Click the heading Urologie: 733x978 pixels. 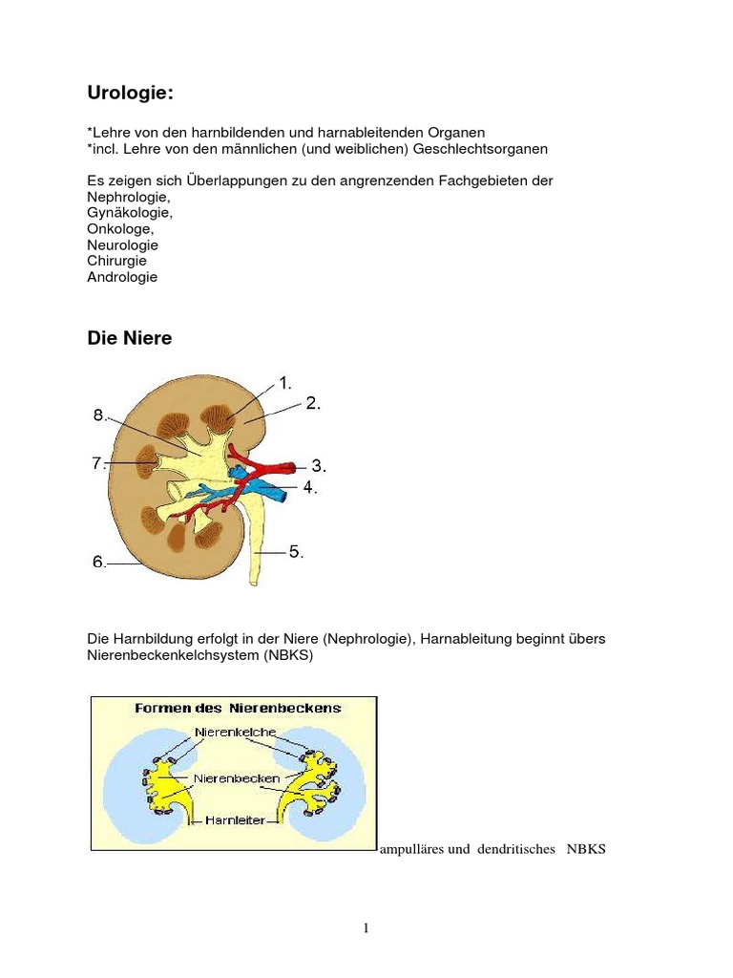tap(131, 94)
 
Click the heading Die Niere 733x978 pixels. tap(129, 338)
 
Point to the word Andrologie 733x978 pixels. tap(122, 277)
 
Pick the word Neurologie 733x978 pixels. tap(122, 244)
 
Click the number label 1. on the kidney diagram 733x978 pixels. tap(284, 384)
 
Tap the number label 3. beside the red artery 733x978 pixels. tap(319, 467)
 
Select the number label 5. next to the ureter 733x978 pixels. tap(296, 551)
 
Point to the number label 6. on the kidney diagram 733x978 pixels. tap(100, 563)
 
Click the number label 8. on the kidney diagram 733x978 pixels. tap(100, 415)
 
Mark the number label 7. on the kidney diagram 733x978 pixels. tap(98, 463)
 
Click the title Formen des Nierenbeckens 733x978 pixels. tap(234, 709)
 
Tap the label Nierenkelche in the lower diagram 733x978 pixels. tap(235, 732)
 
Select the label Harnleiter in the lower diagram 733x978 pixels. tap(234, 819)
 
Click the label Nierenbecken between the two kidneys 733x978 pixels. tap(236, 777)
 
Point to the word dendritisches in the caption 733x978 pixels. tap(514, 849)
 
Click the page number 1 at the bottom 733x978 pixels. tap(366, 928)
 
